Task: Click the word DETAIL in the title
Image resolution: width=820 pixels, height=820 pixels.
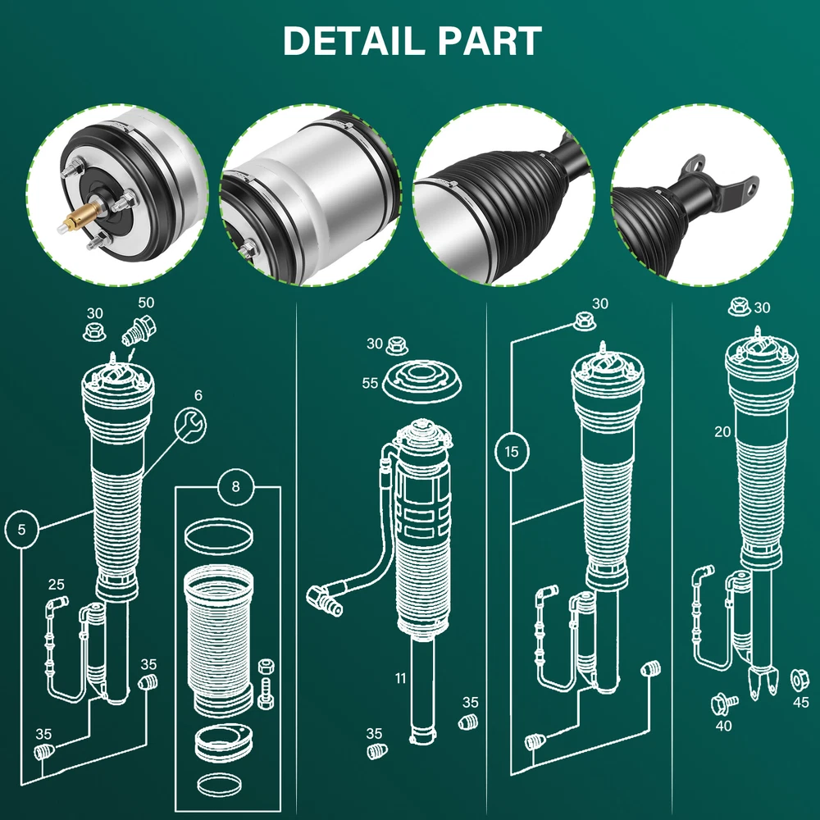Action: click(x=350, y=41)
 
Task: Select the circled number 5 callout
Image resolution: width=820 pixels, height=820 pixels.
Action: click(x=21, y=529)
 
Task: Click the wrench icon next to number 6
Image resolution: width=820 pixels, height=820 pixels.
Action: click(x=192, y=425)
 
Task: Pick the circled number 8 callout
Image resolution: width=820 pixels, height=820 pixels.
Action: click(x=235, y=487)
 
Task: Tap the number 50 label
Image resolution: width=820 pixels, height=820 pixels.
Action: click(x=146, y=303)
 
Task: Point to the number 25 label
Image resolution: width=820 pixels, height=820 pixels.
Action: click(x=56, y=585)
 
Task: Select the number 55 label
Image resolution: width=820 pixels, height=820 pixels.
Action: click(x=370, y=383)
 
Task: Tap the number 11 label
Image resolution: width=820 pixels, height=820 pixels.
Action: click(x=400, y=678)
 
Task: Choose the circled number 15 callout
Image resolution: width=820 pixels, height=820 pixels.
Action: click(x=512, y=452)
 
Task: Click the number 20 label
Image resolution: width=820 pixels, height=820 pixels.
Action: click(x=722, y=432)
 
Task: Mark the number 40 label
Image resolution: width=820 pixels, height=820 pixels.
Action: click(x=724, y=726)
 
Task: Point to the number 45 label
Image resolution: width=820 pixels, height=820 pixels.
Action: click(x=800, y=703)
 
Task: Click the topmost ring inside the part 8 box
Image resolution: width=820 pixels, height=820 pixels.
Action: click(x=216, y=539)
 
